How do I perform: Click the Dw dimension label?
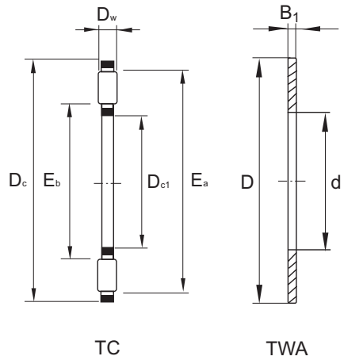click(x=107, y=14)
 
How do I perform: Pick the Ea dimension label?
click(x=200, y=182)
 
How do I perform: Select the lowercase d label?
click(x=336, y=182)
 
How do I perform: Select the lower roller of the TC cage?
click(x=107, y=275)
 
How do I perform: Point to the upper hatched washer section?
click(x=291, y=86)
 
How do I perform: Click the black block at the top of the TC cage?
click(x=107, y=64)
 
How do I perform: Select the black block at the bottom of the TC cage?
click(x=107, y=298)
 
